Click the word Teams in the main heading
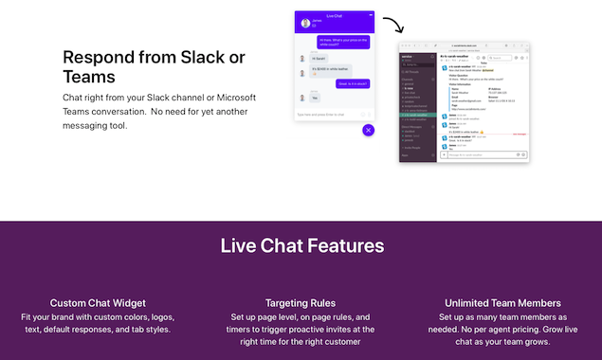pyautogui.click(x=89, y=77)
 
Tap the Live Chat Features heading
pyautogui.click(x=301, y=246)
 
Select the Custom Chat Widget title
pyautogui.click(x=97, y=303)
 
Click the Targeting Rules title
pyautogui.click(x=301, y=303)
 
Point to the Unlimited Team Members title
pyautogui.click(x=503, y=303)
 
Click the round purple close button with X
pyautogui.click(x=369, y=130)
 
